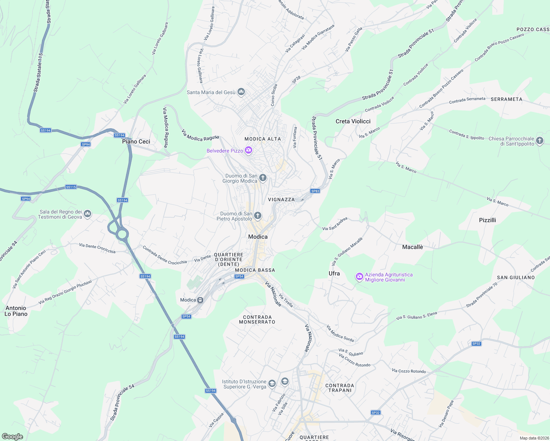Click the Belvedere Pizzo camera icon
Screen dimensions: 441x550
point(249,150)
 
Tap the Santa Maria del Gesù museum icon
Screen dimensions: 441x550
point(241,92)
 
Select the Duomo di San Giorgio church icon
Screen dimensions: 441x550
point(262,178)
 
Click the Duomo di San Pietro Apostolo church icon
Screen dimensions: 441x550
point(257,215)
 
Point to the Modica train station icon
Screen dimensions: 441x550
point(200,300)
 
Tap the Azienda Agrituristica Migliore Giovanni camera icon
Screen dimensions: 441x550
point(359,276)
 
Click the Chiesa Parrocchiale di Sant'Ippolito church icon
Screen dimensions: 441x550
point(539,140)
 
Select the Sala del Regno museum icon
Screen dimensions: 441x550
point(87,214)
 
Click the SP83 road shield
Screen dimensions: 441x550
point(315,191)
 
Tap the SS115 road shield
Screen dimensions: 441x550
point(71,187)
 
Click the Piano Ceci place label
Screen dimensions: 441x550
point(136,141)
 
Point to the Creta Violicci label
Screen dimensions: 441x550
point(353,121)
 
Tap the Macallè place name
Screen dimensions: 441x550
point(413,247)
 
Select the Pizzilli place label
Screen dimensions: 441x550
point(488,220)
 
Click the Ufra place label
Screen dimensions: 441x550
point(334,273)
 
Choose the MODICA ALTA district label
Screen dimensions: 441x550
point(262,139)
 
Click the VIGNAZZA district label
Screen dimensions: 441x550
point(281,200)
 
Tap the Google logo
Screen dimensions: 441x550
point(12,437)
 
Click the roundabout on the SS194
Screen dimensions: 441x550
point(122,233)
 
